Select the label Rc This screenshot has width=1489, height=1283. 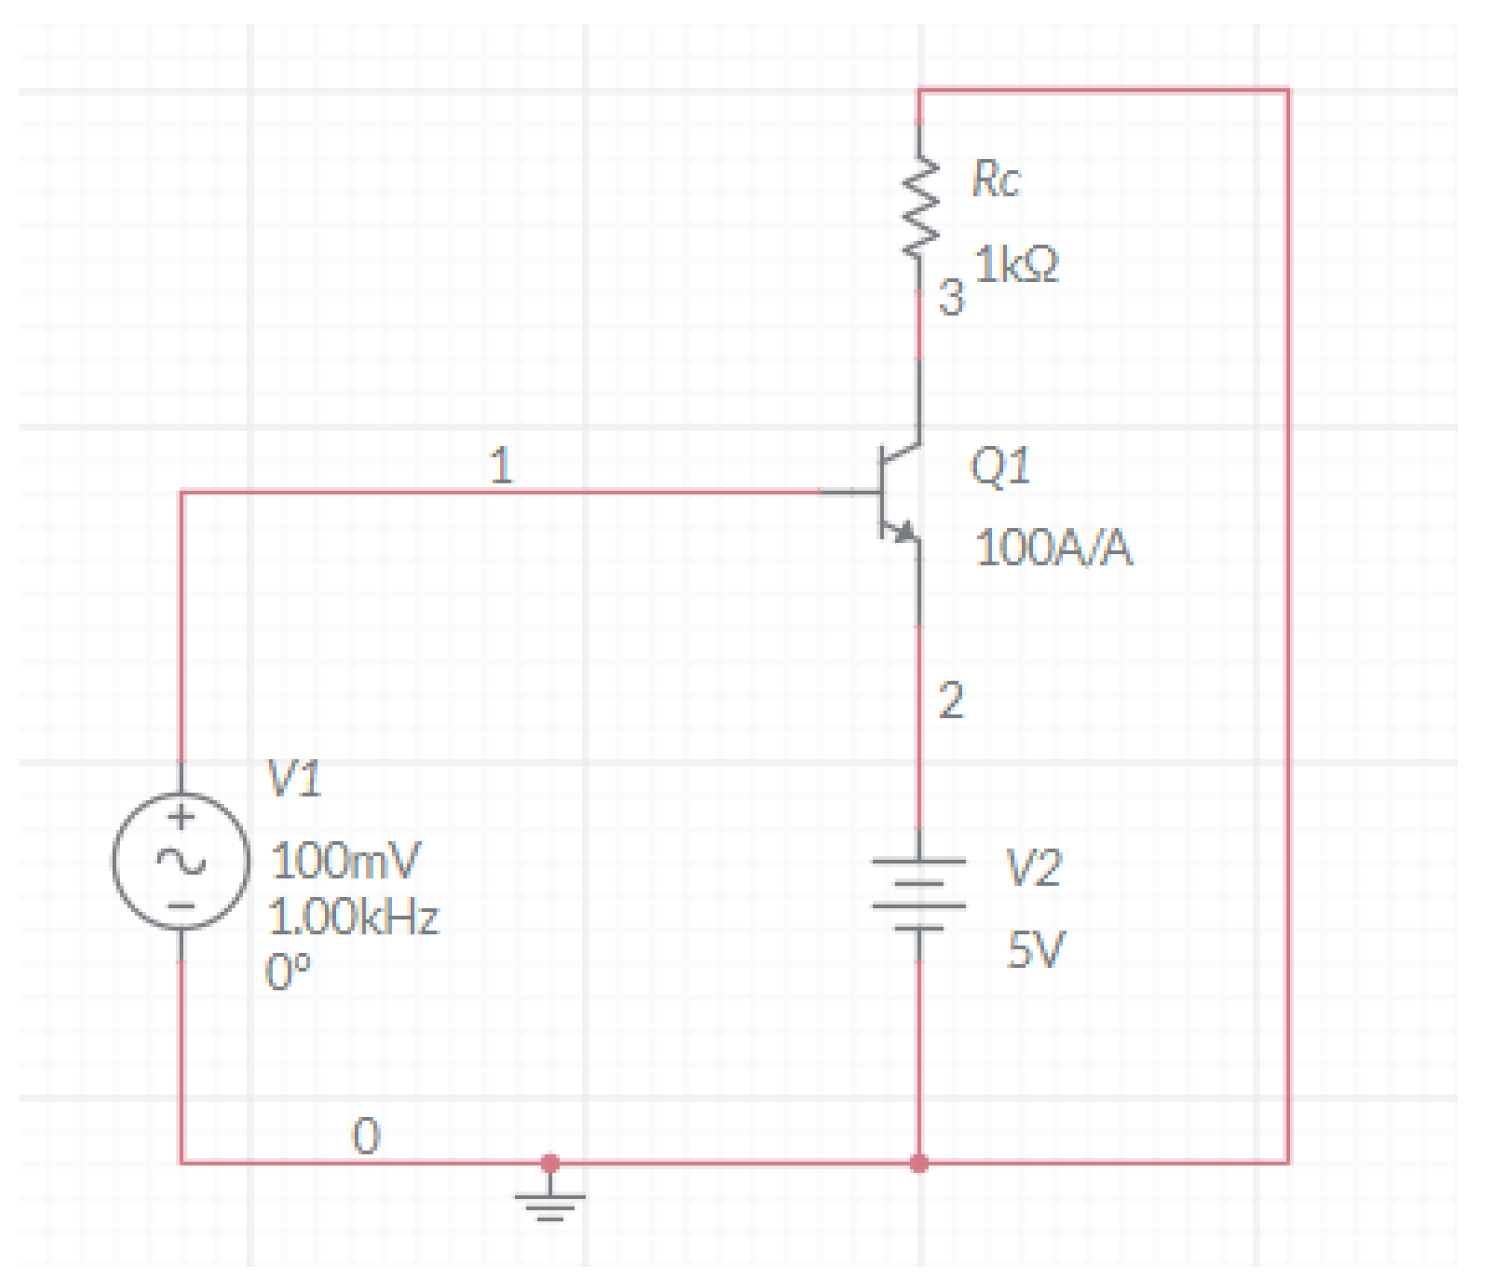pyautogui.click(x=995, y=180)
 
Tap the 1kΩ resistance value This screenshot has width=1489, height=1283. pyautogui.click(x=1016, y=266)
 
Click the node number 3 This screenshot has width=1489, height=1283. pyautogui.click(x=950, y=298)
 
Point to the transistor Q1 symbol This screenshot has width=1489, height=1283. pyautogui.click(x=896, y=492)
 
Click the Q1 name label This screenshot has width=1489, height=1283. pyautogui.click(x=999, y=466)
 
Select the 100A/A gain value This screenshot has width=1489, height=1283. pyautogui.click(x=1053, y=548)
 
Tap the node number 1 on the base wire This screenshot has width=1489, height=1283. pyautogui.click(x=501, y=466)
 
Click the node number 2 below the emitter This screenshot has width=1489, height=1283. pyautogui.click(x=950, y=701)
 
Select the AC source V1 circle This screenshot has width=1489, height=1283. pyautogui.click(x=181, y=861)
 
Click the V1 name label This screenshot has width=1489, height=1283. pyautogui.click(x=294, y=779)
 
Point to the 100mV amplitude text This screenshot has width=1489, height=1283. pyautogui.click(x=346, y=861)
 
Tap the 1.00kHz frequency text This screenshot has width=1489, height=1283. pyautogui.click(x=354, y=917)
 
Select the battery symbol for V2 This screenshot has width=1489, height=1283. pyautogui.click(x=919, y=894)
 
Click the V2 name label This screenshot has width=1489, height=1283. pyautogui.click(x=1032, y=868)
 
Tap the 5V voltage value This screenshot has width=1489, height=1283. pyautogui.click(x=1035, y=950)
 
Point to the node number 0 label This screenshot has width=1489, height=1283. pyautogui.click(x=366, y=1137)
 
